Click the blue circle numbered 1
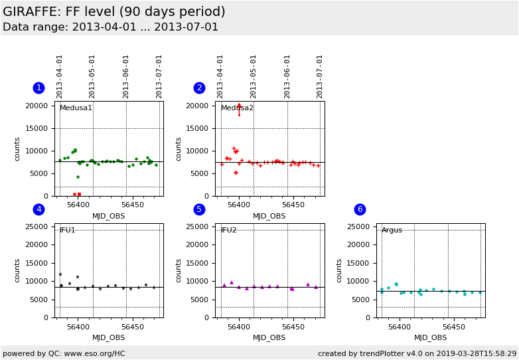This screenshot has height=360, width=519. (38, 88)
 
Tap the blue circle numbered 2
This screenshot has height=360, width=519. (199, 88)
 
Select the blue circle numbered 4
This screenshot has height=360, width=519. (38, 209)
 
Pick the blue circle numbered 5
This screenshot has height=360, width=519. (199, 209)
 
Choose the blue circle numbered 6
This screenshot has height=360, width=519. (360, 209)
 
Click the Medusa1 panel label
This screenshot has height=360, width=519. (76, 108)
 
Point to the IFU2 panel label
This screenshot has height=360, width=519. (229, 230)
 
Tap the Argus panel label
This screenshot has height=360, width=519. (392, 230)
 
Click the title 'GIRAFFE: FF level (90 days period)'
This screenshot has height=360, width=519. (114, 12)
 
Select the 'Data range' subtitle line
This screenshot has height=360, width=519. (110, 27)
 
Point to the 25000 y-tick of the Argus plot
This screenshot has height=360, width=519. (358, 227)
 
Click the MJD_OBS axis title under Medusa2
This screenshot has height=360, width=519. (269, 216)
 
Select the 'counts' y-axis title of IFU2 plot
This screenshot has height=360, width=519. (179, 270)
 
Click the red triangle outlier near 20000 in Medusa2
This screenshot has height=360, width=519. (239, 106)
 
